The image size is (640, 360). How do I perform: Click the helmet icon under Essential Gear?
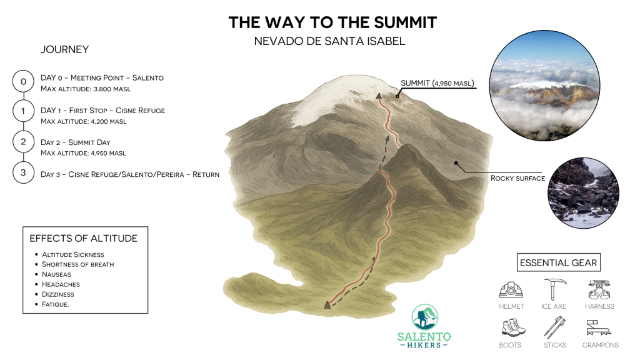[x=511, y=290]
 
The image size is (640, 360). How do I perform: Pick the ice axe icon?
[x=554, y=289]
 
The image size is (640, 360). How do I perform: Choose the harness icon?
[x=599, y=289]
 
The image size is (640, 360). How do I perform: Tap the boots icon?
[x=512, y=327]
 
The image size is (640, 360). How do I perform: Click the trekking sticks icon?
[x=554, y=327]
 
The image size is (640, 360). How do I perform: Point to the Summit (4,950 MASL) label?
[x=437, y=83]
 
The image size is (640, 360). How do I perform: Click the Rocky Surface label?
[x=517, y=178]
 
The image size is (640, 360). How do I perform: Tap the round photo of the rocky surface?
[x=583, y=192]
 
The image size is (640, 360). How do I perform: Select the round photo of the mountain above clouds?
[x=544, y=85]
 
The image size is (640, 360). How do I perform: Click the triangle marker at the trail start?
[x=327, y=304]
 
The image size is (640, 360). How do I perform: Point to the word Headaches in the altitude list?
[x=61, y=284]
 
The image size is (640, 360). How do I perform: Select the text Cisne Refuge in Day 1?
[x=140, y=110]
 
